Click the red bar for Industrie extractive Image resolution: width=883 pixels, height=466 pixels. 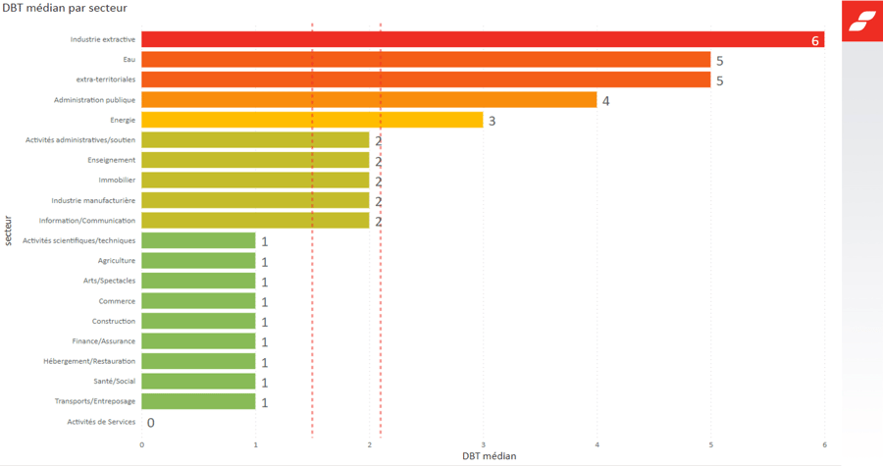pos(481,40)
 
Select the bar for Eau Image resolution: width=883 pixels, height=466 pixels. pos(425,60)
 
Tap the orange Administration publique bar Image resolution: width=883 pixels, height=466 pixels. pos(368,100)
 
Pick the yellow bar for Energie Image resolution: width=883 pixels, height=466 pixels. pos(312,120)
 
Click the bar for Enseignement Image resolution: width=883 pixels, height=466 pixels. pos(255,160)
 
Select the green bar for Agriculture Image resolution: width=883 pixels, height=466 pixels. pos(198,261)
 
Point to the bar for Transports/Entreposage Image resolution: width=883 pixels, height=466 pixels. pos(198,401)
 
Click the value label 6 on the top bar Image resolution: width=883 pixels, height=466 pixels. pos(815,41)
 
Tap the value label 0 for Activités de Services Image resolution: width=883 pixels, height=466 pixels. pos(151,423)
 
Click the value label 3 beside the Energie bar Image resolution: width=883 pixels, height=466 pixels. pos(493,122)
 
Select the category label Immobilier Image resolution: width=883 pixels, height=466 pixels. pos(117,181)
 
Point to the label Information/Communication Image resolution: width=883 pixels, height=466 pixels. pos(87,221)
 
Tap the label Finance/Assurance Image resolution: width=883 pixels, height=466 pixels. pos(104,341)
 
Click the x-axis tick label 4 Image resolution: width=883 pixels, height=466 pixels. pos(597,445)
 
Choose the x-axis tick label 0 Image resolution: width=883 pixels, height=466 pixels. pos(142,445)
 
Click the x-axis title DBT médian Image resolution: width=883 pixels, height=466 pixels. pos(489,456)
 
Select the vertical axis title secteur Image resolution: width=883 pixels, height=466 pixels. pos(9,231)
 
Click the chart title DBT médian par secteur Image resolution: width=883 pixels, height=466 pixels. pos(65,9)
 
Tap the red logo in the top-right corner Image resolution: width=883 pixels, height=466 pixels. pos(862,21)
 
